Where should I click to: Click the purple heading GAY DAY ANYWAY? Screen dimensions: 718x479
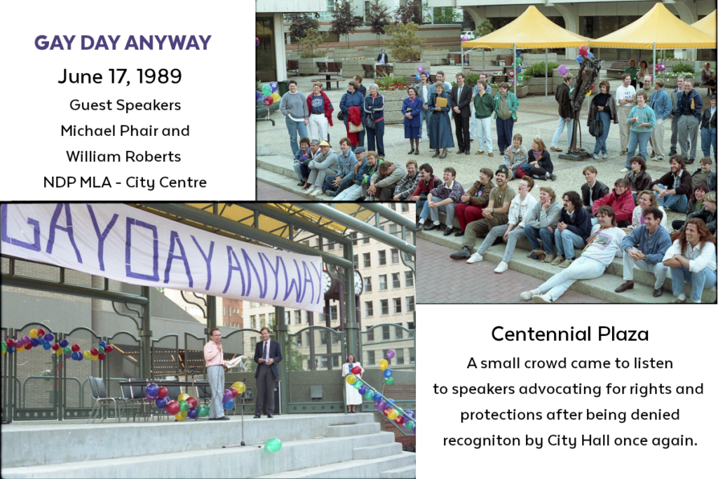(123, 43)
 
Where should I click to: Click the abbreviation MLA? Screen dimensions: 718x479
(95, 182)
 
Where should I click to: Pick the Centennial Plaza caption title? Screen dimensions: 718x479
(569, 334)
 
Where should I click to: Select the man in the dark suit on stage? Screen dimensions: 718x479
(267, 372)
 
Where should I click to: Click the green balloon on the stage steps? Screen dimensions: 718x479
(273, 445)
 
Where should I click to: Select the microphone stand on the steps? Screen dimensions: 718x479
(242, 414)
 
